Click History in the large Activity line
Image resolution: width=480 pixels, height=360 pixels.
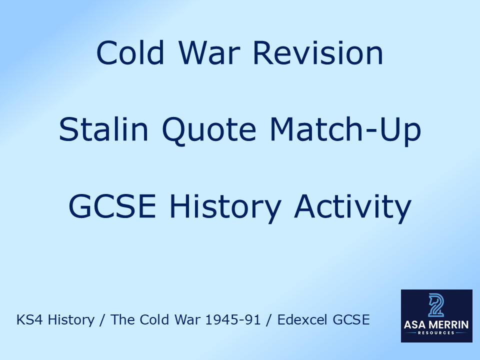point(226,208)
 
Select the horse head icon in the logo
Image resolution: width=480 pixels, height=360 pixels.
point(436,305)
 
